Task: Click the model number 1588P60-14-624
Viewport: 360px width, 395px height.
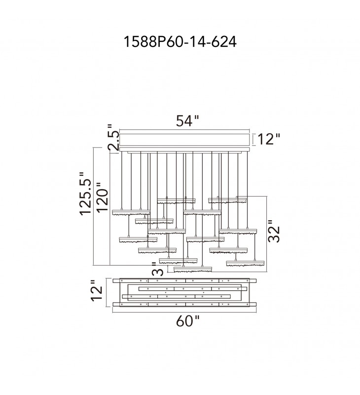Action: [x=180, y=41]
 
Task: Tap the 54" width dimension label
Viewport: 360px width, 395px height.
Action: [x=187, y=120]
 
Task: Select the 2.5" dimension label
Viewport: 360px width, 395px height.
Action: [x=113, y=138]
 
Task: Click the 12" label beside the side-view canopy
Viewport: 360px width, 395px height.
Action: [x=269, y=139]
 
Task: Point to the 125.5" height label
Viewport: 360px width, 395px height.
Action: [x=85, y=194]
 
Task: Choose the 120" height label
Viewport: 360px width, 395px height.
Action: [x=102, y=198]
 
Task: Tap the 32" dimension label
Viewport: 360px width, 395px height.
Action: [x=274, y=232]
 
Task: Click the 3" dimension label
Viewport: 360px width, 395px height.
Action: [x=158, y=269]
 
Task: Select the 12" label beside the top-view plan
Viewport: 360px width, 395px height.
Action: [x=97, y=290]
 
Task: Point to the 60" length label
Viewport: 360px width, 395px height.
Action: [x=187, y=321]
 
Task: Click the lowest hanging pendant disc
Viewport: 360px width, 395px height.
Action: [x=193, y=269]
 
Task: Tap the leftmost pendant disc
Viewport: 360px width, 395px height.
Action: [x=131, y=212]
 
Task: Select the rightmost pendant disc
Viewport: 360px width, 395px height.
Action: [x=245, y=264]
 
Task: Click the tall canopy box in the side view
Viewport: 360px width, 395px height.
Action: [x=184, y=140]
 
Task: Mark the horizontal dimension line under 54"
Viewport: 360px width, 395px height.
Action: [x=184, y=130]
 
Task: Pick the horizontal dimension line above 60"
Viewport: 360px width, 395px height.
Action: [x=184, y=312]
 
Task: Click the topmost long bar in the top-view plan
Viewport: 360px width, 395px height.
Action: [x=184, y=280]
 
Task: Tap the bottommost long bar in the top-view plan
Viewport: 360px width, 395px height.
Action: [x=184, y=304]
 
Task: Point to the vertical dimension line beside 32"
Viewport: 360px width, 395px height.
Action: [x=266, y=234]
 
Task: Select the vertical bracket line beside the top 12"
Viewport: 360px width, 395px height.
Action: [x=253, y=140]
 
